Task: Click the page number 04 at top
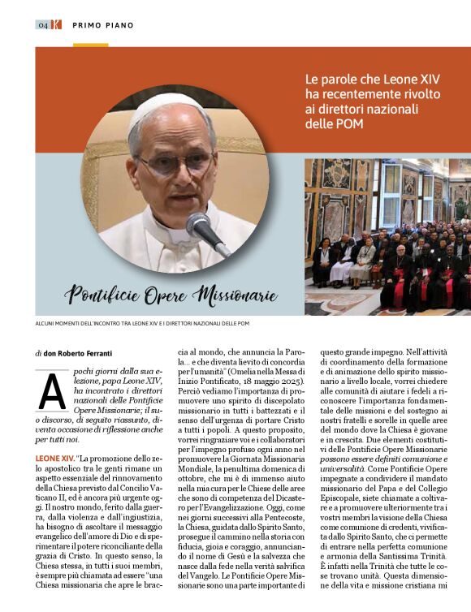[41, 25]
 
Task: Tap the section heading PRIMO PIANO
[102, 25]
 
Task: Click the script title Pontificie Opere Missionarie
[171, 295]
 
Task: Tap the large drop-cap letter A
[52, 393]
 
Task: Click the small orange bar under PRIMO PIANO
[90, 45]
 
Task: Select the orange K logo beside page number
[55, 25]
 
